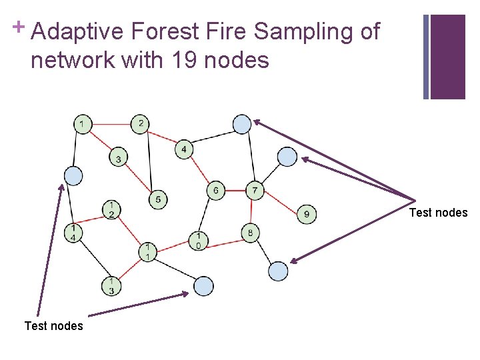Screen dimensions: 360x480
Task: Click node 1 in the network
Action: click(82, 123)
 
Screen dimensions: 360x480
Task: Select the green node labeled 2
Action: click(140, 123)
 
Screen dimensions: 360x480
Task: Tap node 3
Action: click(118, 159)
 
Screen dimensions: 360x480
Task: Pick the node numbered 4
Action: click(185, 149)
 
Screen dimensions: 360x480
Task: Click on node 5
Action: click(157, 199)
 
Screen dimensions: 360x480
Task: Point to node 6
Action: click(216, 191)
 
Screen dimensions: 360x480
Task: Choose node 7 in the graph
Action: click(255, 191)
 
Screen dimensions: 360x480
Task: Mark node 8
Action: click(250, 233)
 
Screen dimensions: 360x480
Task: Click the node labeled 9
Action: click(306, 214)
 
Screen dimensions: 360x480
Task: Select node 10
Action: click(198, 240)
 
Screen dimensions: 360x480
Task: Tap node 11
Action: click(148, 251)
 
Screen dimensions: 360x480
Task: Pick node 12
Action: click(111, 209)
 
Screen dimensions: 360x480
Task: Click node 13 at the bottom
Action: click(111, 286)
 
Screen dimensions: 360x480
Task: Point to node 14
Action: click(73, 233)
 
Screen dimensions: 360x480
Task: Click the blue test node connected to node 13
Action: click(203, 287)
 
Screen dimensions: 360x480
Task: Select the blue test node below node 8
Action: click(278, 271)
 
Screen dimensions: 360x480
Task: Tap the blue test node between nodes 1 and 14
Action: click(73, 175)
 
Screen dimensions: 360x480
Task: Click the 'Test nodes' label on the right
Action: click(438, 213)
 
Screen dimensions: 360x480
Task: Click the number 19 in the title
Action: click(183, 61)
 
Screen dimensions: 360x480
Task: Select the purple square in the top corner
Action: click(447, 57)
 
